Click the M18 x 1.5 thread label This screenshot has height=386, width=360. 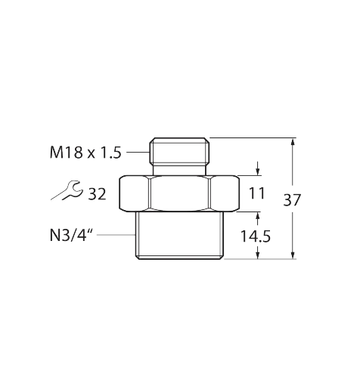pos(85,153)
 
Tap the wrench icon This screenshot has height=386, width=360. pos(67,190)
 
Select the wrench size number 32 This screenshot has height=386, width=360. pos(97,194)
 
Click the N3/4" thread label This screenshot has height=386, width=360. pos(72,236)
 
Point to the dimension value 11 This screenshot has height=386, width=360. pos(257,193)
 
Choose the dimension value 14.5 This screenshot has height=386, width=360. pos(256,236)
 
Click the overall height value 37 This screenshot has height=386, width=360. pos(292,200)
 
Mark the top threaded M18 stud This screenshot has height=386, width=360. pos(180,151)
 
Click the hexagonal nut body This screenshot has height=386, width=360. pos(179,193)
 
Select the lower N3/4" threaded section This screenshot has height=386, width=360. pos(180,236)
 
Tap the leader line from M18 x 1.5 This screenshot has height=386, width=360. pos(138,152)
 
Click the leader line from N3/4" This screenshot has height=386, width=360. pos(116,235)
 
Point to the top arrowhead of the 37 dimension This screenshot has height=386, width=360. pos(293,141)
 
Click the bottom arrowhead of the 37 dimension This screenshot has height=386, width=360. pos(293,255)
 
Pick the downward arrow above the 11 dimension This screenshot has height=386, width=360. pos(258,168)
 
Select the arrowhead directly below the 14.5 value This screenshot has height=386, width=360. pos(258,252)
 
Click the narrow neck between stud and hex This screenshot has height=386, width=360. pos(179,171)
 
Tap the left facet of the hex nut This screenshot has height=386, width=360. pos(134,193)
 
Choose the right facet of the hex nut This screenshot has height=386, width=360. pos(225,193)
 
